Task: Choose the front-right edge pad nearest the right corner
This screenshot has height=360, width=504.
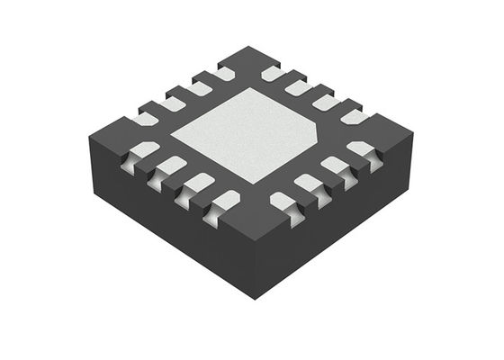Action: tap(362, 150)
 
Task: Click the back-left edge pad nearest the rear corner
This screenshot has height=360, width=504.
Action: tap(222, 74)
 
